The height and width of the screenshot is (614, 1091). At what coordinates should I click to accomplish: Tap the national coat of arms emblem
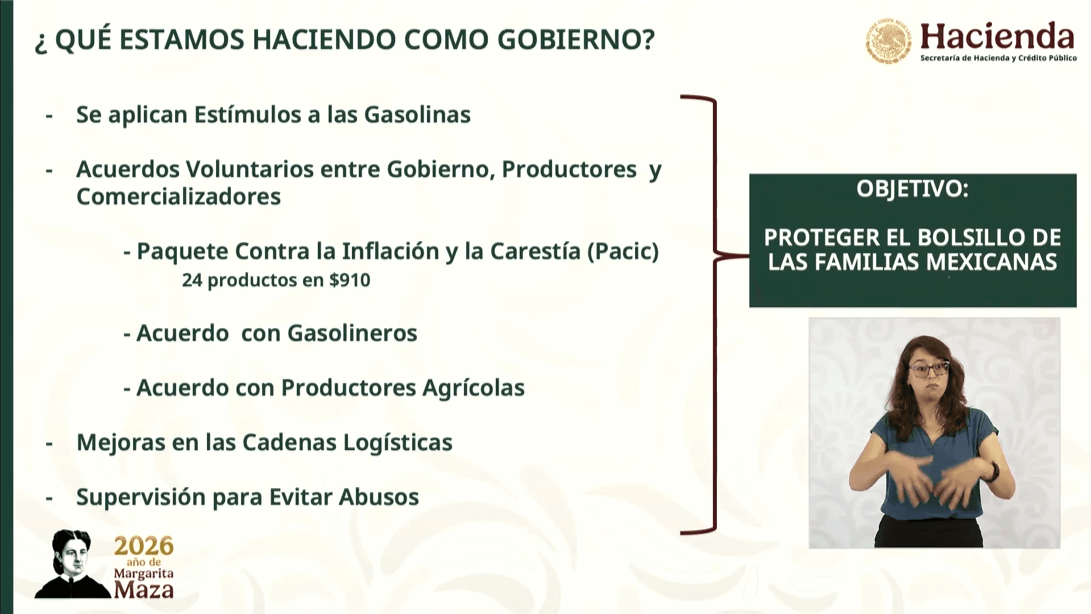(888, 40)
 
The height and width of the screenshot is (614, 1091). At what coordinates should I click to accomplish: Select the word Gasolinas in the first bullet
(417, 114)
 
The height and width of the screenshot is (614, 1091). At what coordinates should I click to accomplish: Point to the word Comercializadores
(179, 197)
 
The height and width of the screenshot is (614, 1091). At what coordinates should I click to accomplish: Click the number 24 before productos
(192, 280)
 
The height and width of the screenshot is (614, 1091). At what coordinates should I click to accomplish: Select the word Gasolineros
(352, 333)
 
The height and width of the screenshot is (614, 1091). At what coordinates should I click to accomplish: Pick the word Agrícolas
(473, 388)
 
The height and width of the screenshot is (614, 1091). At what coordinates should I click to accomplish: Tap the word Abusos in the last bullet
(379, 497)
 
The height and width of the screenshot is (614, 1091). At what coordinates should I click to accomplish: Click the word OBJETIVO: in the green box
(912, 189)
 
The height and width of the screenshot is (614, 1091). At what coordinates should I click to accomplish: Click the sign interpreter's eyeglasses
(928, 370)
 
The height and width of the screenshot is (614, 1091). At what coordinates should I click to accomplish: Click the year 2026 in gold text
(143, 546)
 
